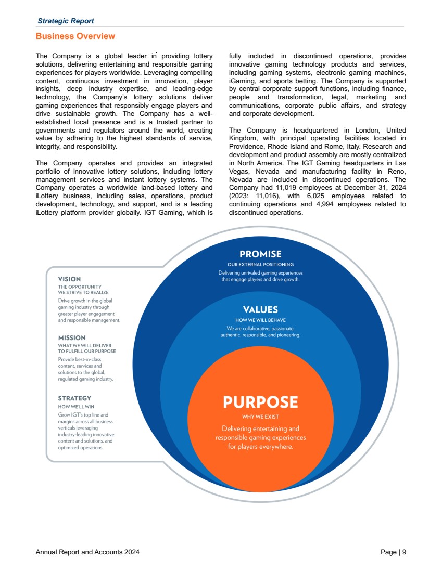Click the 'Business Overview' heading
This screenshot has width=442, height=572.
tap(75, 36)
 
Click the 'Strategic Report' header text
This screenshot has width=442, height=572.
tap(66, 21)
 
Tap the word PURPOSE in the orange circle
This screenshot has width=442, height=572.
tap(260, 402)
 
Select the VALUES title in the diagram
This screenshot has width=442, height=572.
tap(260, 310)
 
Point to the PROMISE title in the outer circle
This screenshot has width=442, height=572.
tap(260, 254)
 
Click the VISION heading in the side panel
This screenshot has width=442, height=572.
tap(69, 279)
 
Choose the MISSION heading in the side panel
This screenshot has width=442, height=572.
tap(72, 338)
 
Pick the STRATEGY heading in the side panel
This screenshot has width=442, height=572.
tap(74, 398)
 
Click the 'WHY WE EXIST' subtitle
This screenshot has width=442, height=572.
tap(260, 417)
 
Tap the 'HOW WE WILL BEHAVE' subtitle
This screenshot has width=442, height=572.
tap(260, 320)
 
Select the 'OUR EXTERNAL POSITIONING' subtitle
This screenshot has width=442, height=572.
tap(260, 265)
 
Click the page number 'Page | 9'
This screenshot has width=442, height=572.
tap(393, 552)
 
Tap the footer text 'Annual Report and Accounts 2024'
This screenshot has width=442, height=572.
tap(87, 552)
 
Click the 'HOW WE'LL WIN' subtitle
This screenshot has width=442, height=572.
tap(76, 407)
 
